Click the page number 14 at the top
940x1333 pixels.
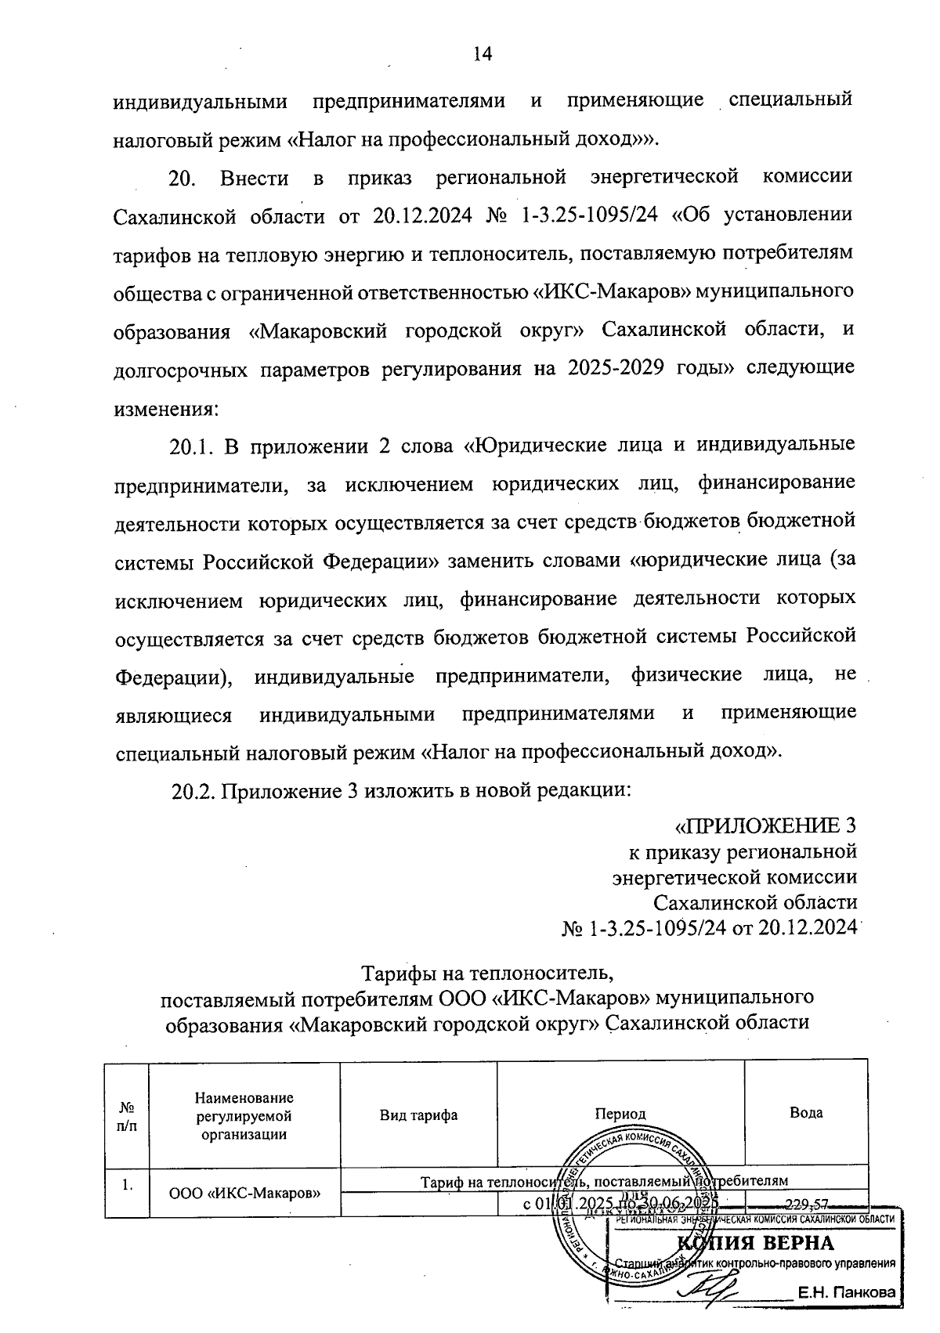(482, 54)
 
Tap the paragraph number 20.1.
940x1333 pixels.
(191, 446)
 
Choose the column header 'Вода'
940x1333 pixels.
(805, 1112)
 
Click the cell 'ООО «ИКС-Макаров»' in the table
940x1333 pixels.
(245, 1194)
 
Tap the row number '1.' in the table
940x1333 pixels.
(126, 1185)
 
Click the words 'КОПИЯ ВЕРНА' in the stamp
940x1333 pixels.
(756, 1244)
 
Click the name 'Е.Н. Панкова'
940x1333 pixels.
(847, 1294)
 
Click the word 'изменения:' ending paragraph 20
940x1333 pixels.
(164, 408)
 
